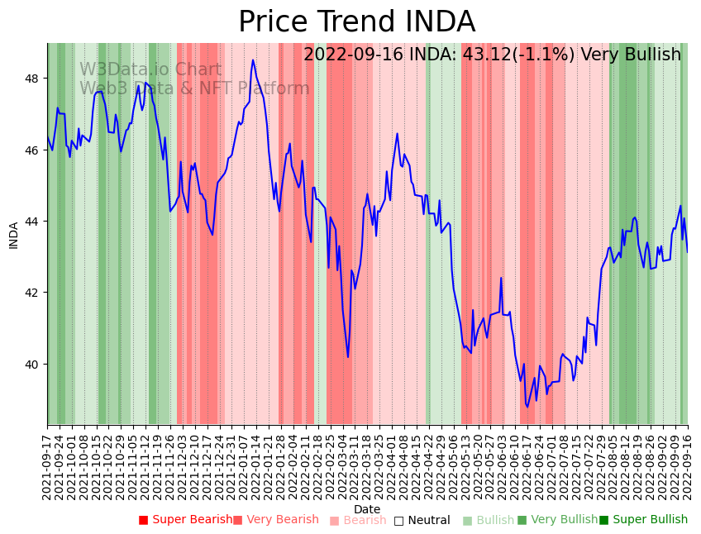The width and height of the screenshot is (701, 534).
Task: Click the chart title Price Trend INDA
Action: (356, 22)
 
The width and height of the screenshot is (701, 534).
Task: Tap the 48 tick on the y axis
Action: (36, 79)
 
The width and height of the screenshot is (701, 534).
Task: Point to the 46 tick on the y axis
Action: (36, 150)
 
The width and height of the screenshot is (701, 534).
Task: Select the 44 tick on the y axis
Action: (36, 222)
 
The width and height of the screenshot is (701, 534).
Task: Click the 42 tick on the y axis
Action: (36, 293)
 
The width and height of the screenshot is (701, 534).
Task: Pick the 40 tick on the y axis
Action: (36, 365)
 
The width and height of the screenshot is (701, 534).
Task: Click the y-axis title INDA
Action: (13, 235)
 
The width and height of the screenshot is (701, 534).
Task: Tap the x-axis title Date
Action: (367, 510)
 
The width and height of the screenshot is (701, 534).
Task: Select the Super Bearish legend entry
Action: (186, 520)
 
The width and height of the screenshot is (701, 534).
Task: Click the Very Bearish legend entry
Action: (276, 520)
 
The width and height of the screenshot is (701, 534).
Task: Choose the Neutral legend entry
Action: (422, 521)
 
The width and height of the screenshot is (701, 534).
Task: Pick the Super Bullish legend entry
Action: (643, 520)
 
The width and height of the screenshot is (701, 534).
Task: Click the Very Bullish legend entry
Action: (557, 520)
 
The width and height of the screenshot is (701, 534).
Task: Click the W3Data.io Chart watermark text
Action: (150, 70)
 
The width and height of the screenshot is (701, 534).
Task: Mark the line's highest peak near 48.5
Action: (253, 60)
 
